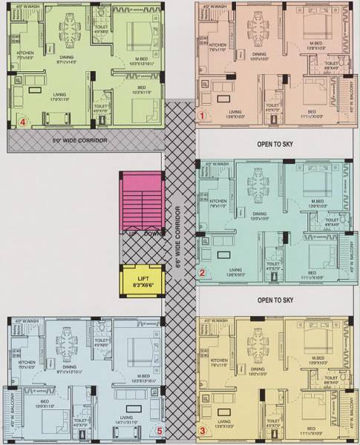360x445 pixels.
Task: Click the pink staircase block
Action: pos(141,200)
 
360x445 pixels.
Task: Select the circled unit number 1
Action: pos(201,116)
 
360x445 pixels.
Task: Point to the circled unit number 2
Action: pos(202,274)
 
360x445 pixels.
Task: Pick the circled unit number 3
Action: pos(202,430)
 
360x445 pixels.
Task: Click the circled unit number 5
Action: pos(159,429)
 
